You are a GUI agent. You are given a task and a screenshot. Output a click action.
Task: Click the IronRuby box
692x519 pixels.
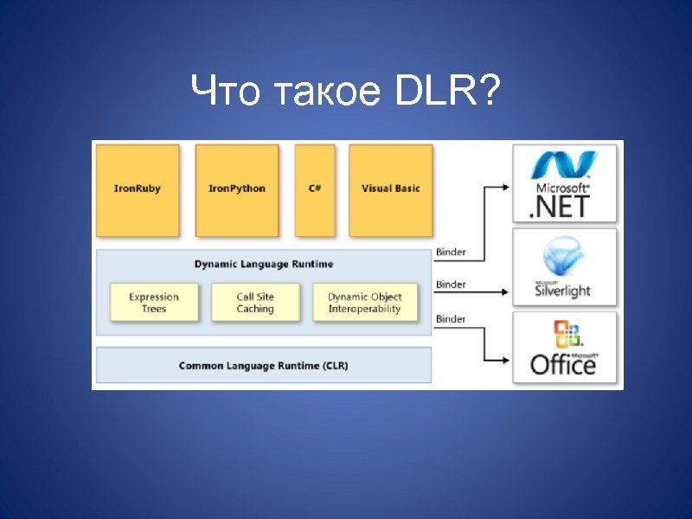coord(138,189)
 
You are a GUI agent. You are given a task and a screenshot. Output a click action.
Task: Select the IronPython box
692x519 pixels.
coord(237,189)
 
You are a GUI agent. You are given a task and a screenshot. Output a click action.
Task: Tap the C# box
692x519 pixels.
coord(314,189)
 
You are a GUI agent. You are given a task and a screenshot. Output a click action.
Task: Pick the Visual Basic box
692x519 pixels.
coord(390,189)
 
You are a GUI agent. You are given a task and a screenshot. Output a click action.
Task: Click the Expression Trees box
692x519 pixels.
coord(154,303)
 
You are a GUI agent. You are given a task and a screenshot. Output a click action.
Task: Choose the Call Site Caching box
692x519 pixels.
coord(255,303)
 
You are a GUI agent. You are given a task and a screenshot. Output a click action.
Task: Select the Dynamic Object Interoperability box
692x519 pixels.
coord(364,303)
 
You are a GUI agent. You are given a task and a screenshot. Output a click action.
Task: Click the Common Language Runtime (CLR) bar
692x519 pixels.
coord(263,366)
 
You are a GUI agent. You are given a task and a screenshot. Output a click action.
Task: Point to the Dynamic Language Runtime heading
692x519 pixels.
coord(263,264)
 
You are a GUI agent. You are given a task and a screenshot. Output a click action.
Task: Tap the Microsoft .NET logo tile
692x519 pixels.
coord(565,183)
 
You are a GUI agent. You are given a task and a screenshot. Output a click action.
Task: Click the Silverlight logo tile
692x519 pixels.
coord(565,267)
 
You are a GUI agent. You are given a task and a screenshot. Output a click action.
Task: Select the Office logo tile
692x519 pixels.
coord(565,348)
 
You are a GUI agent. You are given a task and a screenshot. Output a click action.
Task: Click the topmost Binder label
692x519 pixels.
coord(451,253)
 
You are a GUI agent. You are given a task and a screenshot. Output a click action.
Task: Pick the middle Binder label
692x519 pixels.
coord(451,285)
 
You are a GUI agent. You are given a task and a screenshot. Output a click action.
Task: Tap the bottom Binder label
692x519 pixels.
coord(451,319)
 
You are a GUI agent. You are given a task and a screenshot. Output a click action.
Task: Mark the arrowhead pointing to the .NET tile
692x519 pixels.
coord(504,184)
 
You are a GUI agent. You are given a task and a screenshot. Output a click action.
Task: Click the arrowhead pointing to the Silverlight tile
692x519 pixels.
coord(504,292)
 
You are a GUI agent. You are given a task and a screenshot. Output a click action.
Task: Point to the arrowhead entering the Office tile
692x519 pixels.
coord(504,359)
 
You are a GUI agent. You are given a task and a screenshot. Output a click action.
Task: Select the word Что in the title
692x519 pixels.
coord(225,90)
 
